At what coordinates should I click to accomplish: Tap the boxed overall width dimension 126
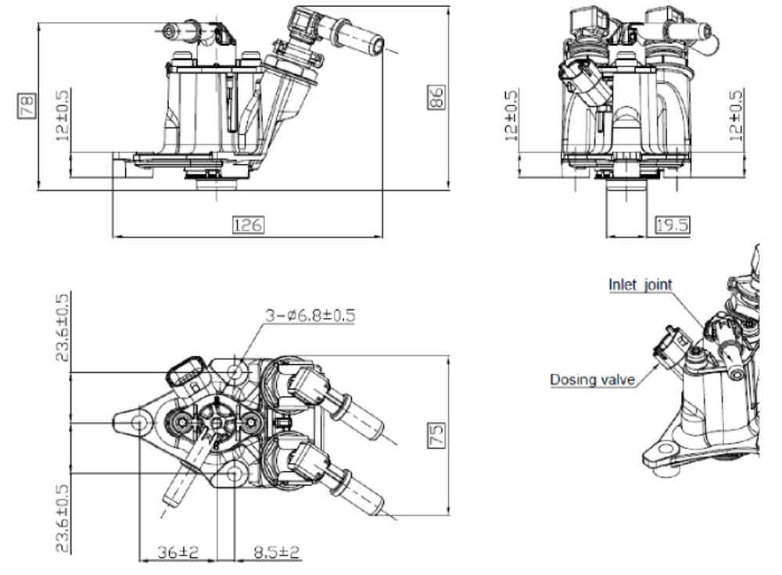click(x=248, y=226)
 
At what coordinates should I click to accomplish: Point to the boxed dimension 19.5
click(x=672, y=226)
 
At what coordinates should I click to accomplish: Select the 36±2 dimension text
click(x=178, y=552)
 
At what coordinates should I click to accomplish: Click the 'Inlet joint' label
click(x=640, y=284)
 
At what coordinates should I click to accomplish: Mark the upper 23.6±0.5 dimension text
click(x=63, y=327)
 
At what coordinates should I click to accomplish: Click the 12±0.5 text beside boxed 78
click(x=63, y=114)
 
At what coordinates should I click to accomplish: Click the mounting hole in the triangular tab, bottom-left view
click(x=140, y=423)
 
